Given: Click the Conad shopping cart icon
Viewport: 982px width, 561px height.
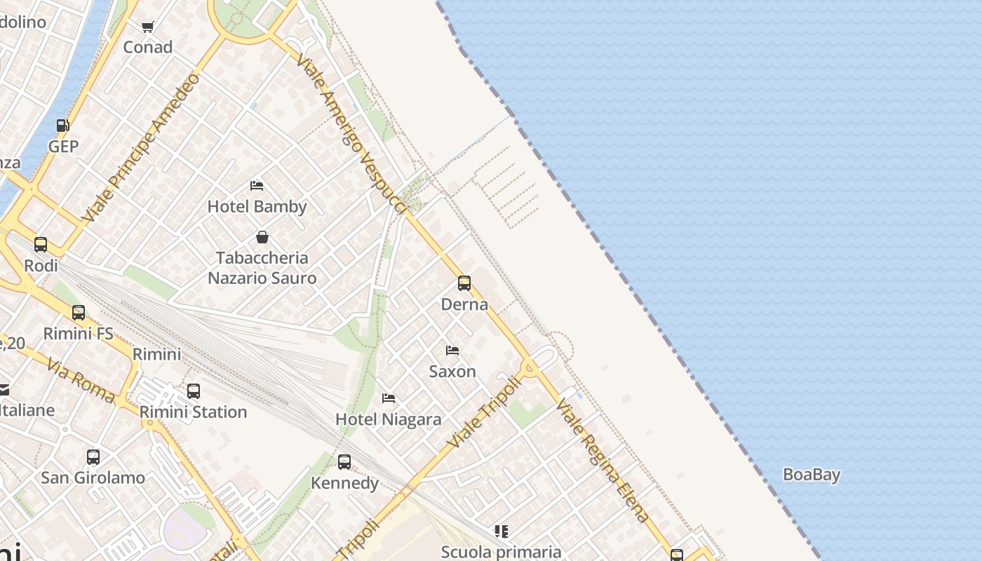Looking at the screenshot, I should pyautogui.click(x=147, y=27).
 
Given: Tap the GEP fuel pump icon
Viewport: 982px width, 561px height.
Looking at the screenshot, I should pyautogui.click(x=62, y=126).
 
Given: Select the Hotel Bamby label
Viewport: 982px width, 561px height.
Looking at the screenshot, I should pyautogui.click(x=257, y=206).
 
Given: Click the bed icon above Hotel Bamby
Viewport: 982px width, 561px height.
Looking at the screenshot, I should pyautogui.click(x=257, y=186).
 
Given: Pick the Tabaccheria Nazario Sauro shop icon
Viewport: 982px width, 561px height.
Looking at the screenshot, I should pyautogui.click(x=262, y=237).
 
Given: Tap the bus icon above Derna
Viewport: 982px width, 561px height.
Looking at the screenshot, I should pyautogui.click(x=464, y=283).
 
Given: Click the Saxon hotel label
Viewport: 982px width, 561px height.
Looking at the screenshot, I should pyautogui.click(x=452, y=371).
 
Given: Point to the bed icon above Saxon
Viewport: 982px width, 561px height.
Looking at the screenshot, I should pyautogui.click(x=452, y=350).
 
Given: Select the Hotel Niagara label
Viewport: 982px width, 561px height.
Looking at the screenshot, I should pyautogui.click(x=388, y=419).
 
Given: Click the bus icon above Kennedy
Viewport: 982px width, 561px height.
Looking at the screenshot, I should pyautogui.click(x=344, y=462).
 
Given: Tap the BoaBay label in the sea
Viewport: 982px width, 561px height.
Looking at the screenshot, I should pyautogui.click(x=811, y=475).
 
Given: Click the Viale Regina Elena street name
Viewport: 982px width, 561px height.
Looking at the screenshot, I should pyautogui.click(x=603, y=461).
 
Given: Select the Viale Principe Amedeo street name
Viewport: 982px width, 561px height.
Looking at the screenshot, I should pyautogui.click(x=140, y=148).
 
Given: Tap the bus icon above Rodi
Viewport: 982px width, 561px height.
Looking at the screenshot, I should pyautogui.click(x=41, y=245).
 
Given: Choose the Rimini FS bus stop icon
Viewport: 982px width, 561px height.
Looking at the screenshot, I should pyautogui.click(x=79, y=313).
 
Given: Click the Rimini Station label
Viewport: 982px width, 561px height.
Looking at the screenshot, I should pyautogui.click(x=193, y=412).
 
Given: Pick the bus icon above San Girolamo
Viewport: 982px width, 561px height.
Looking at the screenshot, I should pyautogui.click(x=93, y=457).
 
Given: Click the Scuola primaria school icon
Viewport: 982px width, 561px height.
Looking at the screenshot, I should pyautogui.click(x=501, y=532).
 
